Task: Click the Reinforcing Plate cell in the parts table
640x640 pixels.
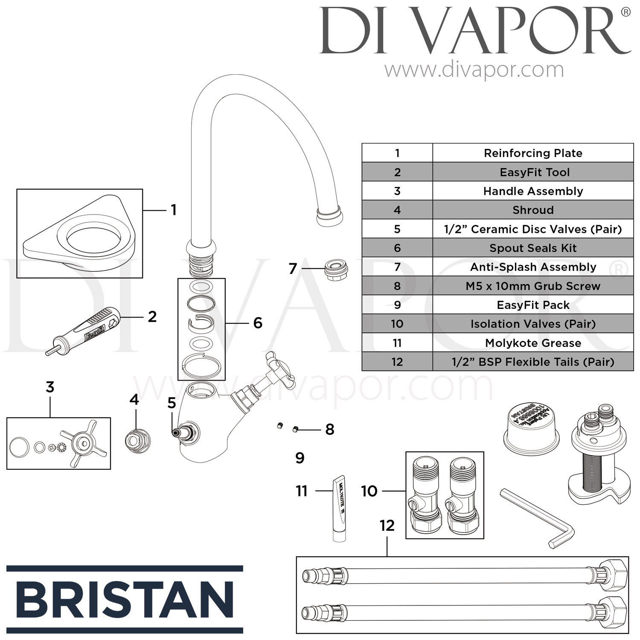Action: [x=533, y=153]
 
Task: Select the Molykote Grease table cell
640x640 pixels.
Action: [x=533, y=343]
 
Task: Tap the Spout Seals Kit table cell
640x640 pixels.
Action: [x=533, y=248]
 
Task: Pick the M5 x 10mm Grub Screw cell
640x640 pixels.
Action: [x=533, y=286]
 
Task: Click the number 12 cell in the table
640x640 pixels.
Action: [x=397, y=362]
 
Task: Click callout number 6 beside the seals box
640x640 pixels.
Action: [x=258, y=323]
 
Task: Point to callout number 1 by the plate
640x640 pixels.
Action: [x=173, y=210]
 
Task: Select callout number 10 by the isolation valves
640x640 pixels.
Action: [x=369, y=491]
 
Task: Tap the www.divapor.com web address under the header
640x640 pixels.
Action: [x=474, y=70]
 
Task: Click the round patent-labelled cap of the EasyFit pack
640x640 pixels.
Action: [x=532, y=425]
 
